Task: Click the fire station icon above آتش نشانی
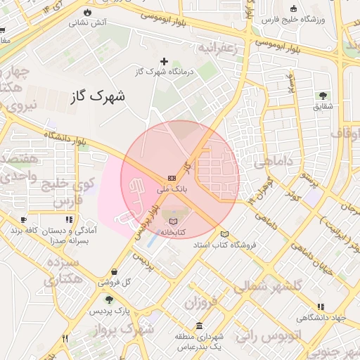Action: click(86, 12)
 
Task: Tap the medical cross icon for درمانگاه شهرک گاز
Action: click(165, 61)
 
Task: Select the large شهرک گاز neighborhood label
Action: click(98, 95)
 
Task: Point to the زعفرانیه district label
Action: click(224, 49)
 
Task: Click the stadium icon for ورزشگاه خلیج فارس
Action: click(293, 9)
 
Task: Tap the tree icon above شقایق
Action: click(323, 95)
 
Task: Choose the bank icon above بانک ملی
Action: click(172, 178)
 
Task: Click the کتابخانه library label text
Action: click(171, 231)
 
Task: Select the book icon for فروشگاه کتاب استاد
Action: click(224, 233)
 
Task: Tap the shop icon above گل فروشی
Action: click(114, 272)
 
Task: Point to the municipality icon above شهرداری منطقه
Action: click(200, 326)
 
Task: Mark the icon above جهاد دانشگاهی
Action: click(321, 307)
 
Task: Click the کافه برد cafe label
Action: click(15, 231)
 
